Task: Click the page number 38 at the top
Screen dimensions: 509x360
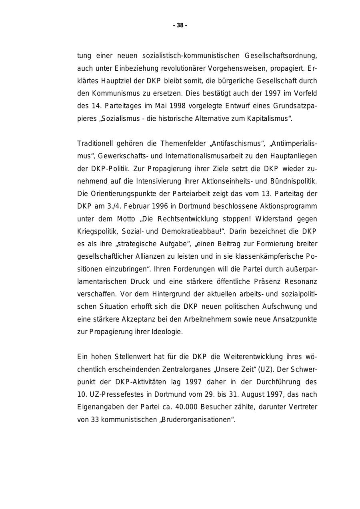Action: pyautogui.click(x=180, y=26)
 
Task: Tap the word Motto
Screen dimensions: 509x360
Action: pyautogui.click(x=126, y=219)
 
